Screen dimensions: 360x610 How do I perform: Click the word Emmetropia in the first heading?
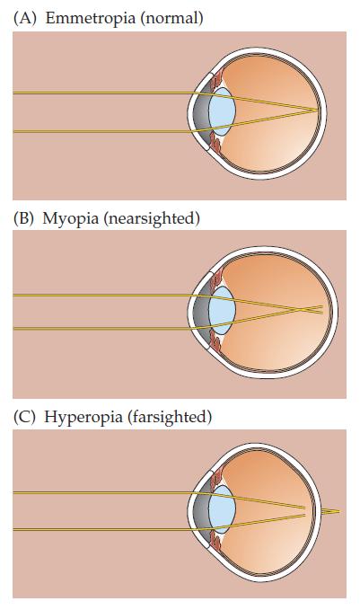point(91,18)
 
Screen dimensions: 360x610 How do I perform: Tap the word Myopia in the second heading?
point(70,218)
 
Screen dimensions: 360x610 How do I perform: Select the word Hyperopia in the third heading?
point(83,417)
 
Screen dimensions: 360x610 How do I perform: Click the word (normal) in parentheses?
point(172,18)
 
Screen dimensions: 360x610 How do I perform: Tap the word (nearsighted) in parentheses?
point(152,218)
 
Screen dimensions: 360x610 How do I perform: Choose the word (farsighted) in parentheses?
point(169,417)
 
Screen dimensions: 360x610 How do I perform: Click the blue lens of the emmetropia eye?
point(222,111)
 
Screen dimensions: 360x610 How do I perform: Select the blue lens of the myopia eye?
point(222,311)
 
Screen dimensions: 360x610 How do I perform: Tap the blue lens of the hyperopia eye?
point(222,509)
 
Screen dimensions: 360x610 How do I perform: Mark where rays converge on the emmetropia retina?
point(318,110)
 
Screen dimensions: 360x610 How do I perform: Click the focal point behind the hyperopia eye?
point(339,511)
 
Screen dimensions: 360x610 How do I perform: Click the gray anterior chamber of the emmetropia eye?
point(200,111)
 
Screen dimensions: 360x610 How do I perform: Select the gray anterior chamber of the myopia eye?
point(200,311)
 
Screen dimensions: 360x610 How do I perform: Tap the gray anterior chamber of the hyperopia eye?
point(200,509)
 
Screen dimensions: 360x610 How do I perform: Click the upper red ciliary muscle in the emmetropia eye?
point(215,81)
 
